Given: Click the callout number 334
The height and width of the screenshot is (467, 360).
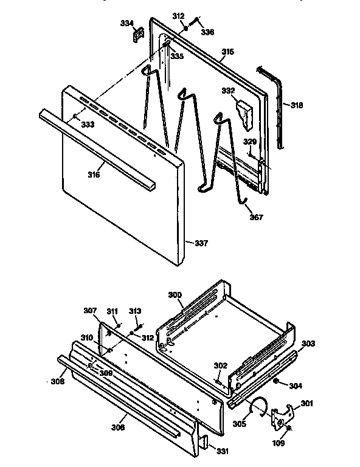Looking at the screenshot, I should [126, 23].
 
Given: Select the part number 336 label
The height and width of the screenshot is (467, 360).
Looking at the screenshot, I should [208, 32].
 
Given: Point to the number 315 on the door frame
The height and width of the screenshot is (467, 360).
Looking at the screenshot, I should [227, 52].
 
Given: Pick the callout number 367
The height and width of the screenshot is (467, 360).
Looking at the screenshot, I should [257, 218].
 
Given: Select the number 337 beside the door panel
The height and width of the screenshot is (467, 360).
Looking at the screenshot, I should [201, 243].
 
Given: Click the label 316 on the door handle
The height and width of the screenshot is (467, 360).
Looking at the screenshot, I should [93, 175].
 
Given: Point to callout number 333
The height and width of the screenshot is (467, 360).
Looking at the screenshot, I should [88, 124].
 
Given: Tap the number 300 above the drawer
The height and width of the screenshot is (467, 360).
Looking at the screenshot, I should [175, 295].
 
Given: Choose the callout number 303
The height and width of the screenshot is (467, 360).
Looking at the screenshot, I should [308, 344].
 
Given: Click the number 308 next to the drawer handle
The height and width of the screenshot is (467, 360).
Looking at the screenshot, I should [57, 382].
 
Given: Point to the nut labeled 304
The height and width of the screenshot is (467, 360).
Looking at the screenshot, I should [275, 382].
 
